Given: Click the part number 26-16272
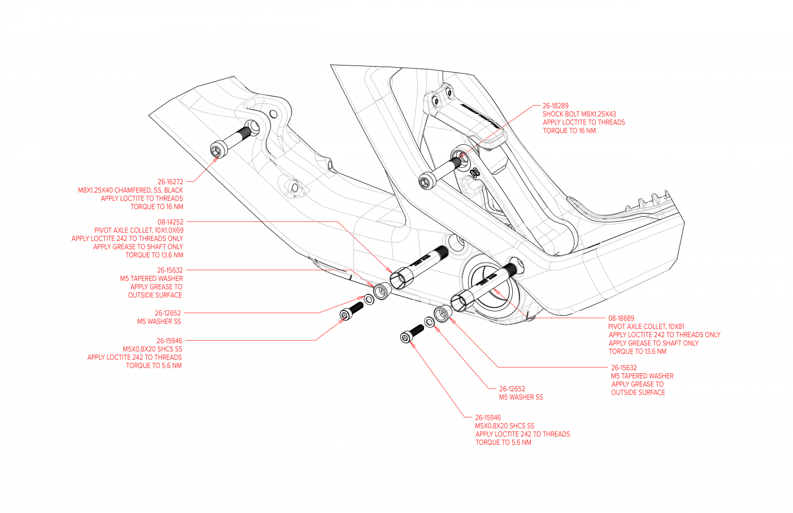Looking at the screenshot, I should [170, 182].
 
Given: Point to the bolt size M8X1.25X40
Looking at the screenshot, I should [95, 190].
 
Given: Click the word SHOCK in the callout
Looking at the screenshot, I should [553, 114].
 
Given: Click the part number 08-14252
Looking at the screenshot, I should [170, 222].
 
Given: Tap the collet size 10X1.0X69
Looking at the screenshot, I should [169, 230].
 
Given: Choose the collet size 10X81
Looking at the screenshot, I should [676, 326].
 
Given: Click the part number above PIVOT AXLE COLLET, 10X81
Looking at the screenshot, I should [621, 318].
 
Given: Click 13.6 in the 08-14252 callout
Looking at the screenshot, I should [162, 255].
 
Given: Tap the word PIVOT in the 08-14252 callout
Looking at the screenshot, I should [103, 230].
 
